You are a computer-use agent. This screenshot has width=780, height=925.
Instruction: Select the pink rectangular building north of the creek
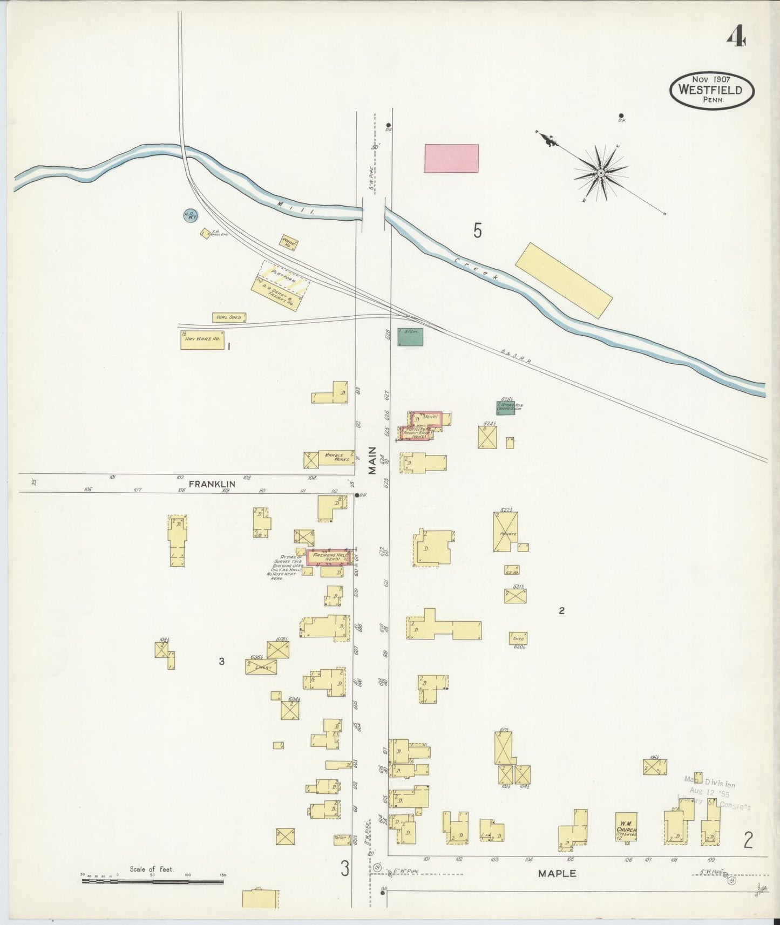coord(451,158)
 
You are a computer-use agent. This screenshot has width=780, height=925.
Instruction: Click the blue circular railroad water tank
coord(190,216)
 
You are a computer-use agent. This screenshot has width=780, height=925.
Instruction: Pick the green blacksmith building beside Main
coord(410,337)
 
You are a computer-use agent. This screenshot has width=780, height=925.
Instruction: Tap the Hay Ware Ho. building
coord(202,340)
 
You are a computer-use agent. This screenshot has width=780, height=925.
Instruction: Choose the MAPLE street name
coord(557,873)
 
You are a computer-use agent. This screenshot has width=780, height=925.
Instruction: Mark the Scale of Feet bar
coord(153,882)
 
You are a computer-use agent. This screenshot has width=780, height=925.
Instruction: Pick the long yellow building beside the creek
coord(564,280)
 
